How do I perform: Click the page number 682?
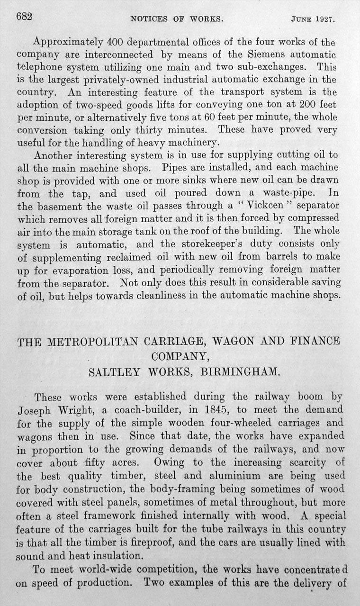(x=24, y=18)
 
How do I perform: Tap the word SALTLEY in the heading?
(x=110, y=372)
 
